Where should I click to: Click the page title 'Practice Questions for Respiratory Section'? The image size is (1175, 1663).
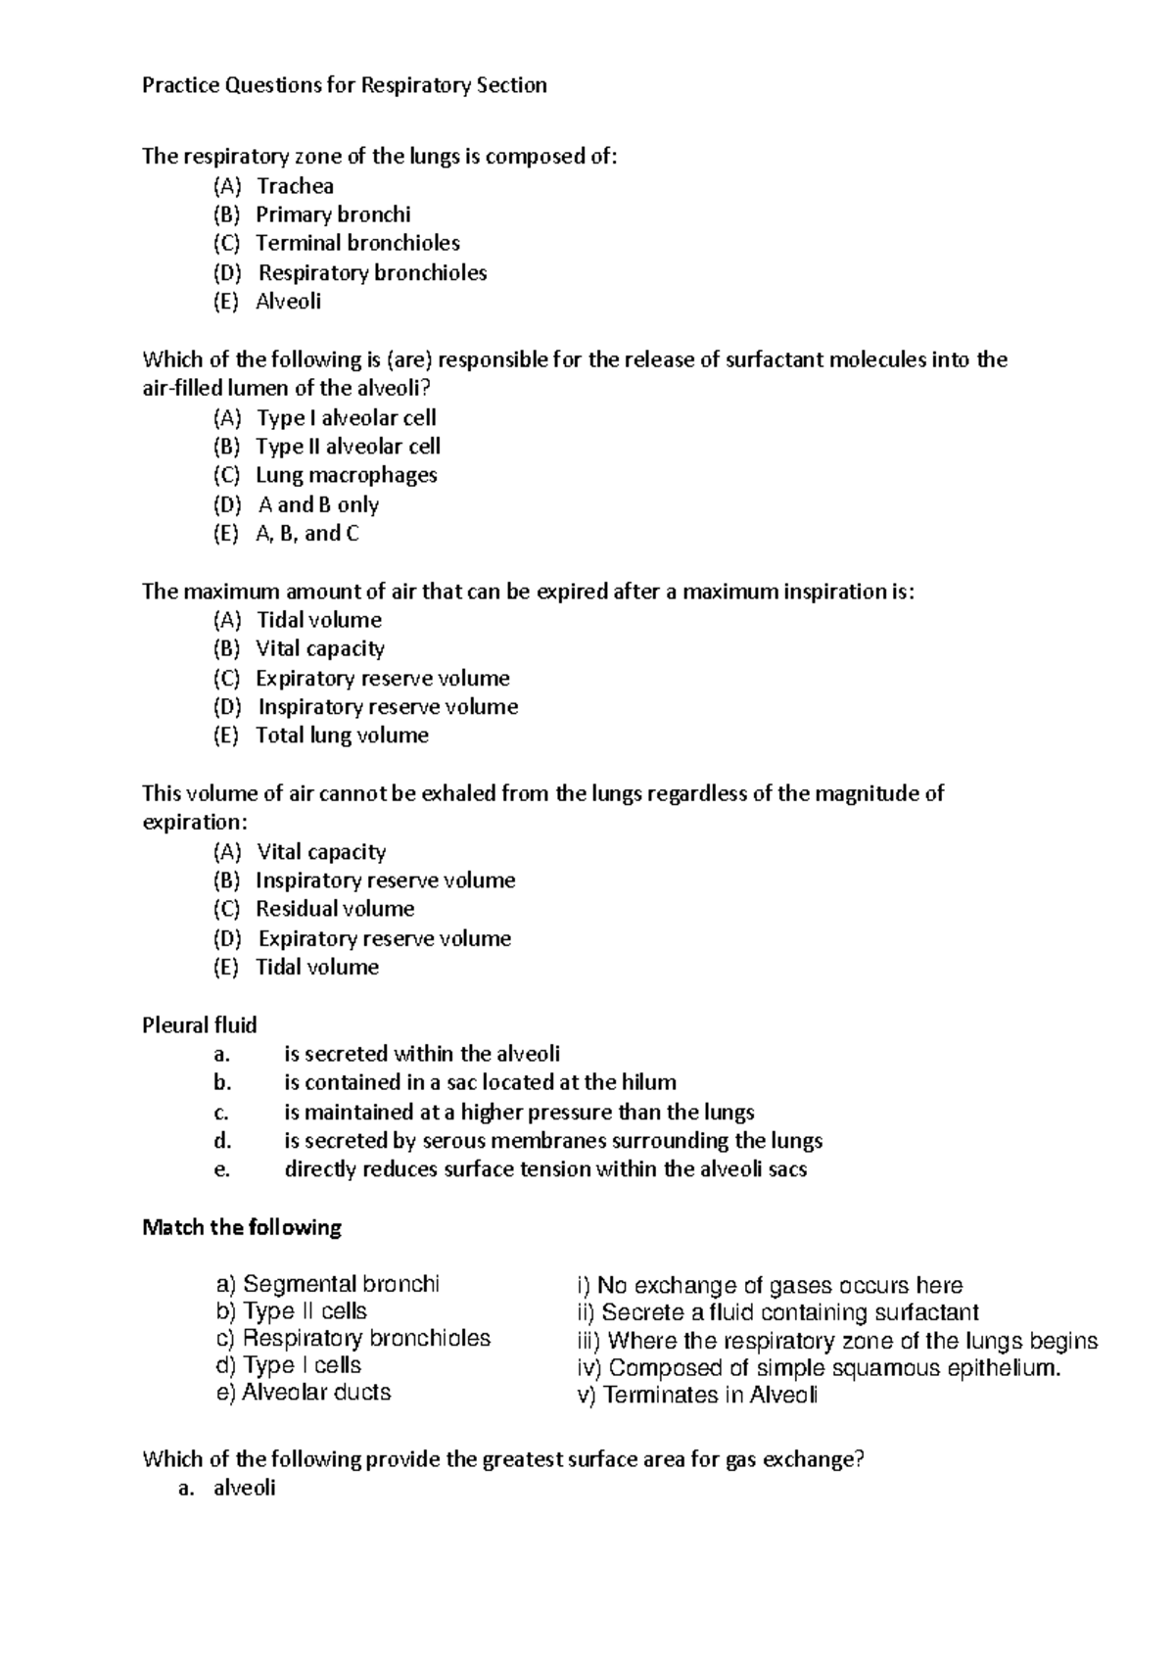pyautogui.click(x=344, y=86)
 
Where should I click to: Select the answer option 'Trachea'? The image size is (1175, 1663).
pyautogui.click(x=295, y=186)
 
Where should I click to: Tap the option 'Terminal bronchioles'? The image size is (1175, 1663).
pyautogui.click(x=357, y=243)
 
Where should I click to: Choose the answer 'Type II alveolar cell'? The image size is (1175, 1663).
pyautogui.click(x=348, y=447)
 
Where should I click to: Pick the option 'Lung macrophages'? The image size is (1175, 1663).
pyautogui.click(x=346, y=475)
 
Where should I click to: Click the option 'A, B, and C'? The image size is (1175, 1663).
pyautogui.click(x=306, y=534)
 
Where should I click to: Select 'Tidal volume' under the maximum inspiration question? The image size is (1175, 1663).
pyautogui.click(x=318, y=620)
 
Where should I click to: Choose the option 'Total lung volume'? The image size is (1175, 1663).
pyautogui.click(x=342, y=736)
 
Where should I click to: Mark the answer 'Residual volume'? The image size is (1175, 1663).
pyautogui.click(x=335, y=909)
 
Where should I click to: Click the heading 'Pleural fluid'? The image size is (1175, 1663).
pyautogui.click(x=200, y=1025)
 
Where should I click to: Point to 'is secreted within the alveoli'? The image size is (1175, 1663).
pyautogui.click(x=422, y=1054)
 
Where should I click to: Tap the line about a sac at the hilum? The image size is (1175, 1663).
pyautogui.click(x=480, y=1083)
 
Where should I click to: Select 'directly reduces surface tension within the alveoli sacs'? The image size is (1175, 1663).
pyautogui.click(x=545, y=1169)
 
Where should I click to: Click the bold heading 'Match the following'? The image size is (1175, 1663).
pyautogui.click(x=242, y=1227)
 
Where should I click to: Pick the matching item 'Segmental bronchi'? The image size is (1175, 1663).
pyautogui.click(x=327, y=1284)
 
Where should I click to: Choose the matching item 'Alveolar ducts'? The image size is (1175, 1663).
pyautogui.click(x=303, y=1393)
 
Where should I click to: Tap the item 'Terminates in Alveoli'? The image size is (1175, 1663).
pyautogui.click(x=697, y=1395)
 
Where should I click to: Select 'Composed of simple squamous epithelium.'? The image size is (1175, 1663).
pyautogui.click(x=820, y=1368)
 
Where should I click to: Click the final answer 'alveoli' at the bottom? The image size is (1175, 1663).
pyautogui.click(x=244, y=1489)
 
